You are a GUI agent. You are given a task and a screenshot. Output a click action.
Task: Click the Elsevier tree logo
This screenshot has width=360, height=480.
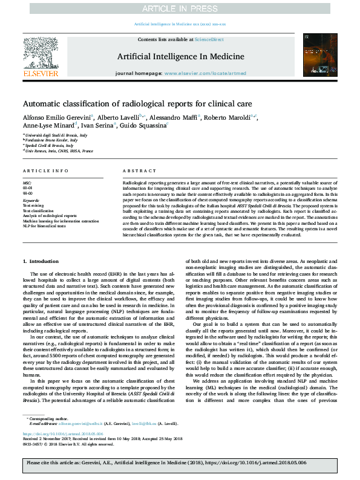click(x=41, y=53)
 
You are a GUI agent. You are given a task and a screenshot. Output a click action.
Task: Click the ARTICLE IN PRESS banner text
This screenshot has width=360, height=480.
click(x=180, y=8)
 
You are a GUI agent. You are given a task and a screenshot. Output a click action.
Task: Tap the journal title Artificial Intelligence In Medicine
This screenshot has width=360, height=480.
click(x=180, y=57)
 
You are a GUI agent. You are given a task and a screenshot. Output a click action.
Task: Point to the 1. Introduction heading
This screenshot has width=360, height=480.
click(x=41, y=261)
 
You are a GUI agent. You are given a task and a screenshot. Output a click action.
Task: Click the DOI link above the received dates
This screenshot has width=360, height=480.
click(x=61, y=450)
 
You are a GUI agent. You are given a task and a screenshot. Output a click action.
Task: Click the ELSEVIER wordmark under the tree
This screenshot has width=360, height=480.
click(x=41, y=74)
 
